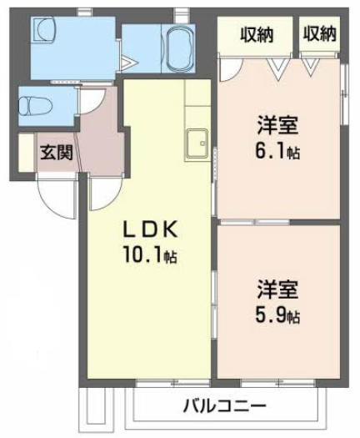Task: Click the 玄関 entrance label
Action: click(x=57, y=153)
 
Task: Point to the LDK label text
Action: click(x=151, y=229)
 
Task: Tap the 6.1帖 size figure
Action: click(x=278, y=151)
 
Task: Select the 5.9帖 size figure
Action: click(x=278, y=315)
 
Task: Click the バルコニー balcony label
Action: click(x=225, y=405)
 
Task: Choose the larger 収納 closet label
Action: click(x=257, y=35)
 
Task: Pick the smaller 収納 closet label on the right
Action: click(x=320, y=34)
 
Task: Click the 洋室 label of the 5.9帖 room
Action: click(x=278, y=289)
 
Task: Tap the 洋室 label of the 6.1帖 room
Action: click(x=278, y=126)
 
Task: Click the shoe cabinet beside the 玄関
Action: click(x=26, y=153)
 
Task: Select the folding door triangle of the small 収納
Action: click(x=311, y=67)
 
